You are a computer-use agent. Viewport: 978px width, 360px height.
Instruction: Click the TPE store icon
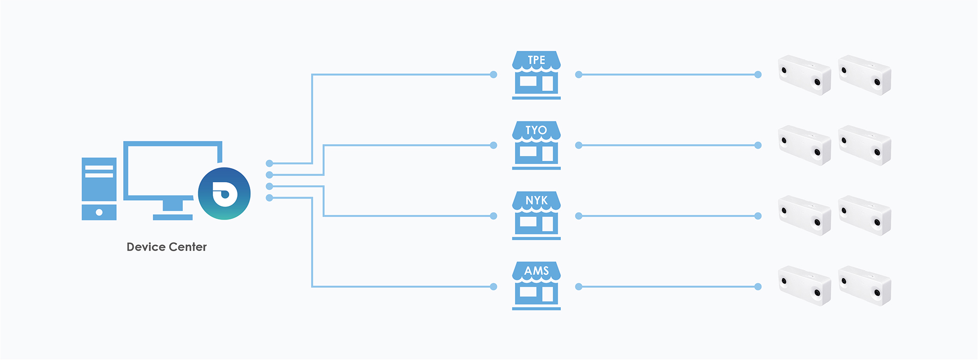(x=536, y=75)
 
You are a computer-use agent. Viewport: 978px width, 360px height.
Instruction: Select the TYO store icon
(x=536, y=145)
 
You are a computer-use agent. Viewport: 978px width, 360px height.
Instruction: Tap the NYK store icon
(x=536, y=215)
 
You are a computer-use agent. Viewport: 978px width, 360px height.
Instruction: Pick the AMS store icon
(x=536, y=286)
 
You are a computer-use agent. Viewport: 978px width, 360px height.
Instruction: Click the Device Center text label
(x=167, y=247)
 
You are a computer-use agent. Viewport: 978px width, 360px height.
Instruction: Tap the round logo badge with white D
(x=224, y=193)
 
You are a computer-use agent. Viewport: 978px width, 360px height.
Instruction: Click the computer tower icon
(x=99, y=188)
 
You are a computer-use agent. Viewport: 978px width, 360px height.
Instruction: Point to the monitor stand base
(x=173, y=217)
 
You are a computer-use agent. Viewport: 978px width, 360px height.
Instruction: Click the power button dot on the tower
(x=99, y=212)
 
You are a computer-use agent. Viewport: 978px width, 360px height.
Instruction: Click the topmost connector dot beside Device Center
(x=269, y=163)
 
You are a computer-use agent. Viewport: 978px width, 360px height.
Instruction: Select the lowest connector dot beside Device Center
(x=269, y=198)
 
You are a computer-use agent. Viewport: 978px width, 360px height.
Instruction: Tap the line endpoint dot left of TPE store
(x=493, y=75)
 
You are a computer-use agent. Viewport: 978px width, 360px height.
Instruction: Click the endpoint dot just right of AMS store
(x=579, y=287)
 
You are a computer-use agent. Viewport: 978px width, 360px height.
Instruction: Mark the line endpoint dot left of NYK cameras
(x=758, y=216)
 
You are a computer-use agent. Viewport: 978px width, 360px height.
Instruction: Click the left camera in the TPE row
(x=804, y=75)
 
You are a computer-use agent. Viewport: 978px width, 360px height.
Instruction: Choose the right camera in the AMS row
(x=864, y=286)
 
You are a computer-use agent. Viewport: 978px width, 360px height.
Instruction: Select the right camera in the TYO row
(x=864, y=145)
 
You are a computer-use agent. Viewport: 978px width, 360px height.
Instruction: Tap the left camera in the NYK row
(x=804, y=215)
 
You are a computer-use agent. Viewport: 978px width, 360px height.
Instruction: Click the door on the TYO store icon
(x=548, y=153)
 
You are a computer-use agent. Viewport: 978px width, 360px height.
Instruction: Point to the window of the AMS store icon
(x=528, y=292)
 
